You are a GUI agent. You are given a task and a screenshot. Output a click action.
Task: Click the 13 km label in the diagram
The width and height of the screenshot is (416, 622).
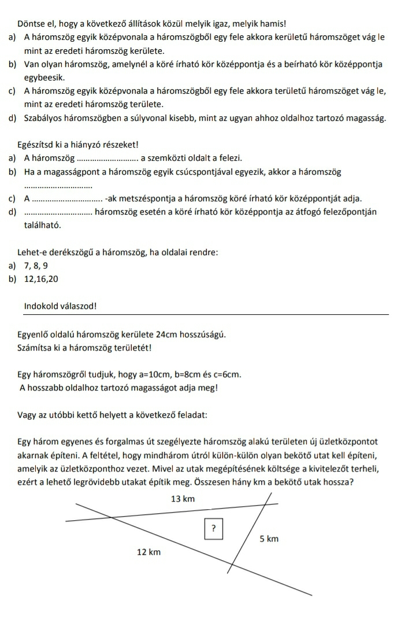pyautogui.click(x=184, y=499)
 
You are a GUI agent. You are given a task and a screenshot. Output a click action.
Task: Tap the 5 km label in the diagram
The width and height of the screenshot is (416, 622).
pyautogui.click(x=269, y=539)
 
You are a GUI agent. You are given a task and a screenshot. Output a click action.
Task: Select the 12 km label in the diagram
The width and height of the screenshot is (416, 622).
pyautogui.click(x=148, y=552)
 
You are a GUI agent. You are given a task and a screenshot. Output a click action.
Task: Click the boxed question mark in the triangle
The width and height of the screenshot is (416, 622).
pyautogui.click(x=213, y=528)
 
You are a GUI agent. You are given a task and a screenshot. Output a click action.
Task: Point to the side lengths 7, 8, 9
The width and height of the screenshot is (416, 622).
pyautogui.click(x=36, y=266)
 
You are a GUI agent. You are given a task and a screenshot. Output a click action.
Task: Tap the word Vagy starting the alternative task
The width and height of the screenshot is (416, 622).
pyautogui.click(x=27, y=414)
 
